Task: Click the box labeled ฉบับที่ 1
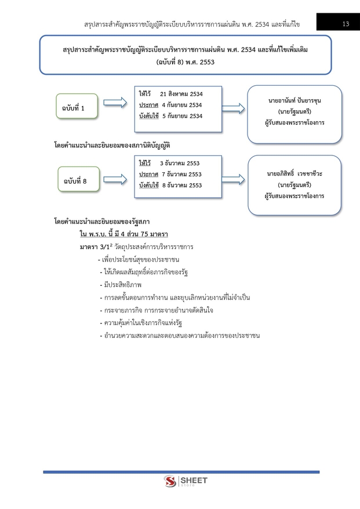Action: [78, 107]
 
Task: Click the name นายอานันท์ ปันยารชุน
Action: [294, 100]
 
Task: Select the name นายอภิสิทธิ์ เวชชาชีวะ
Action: [294, 173]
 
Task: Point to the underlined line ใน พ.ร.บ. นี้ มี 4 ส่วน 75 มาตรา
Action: [123, 234]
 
